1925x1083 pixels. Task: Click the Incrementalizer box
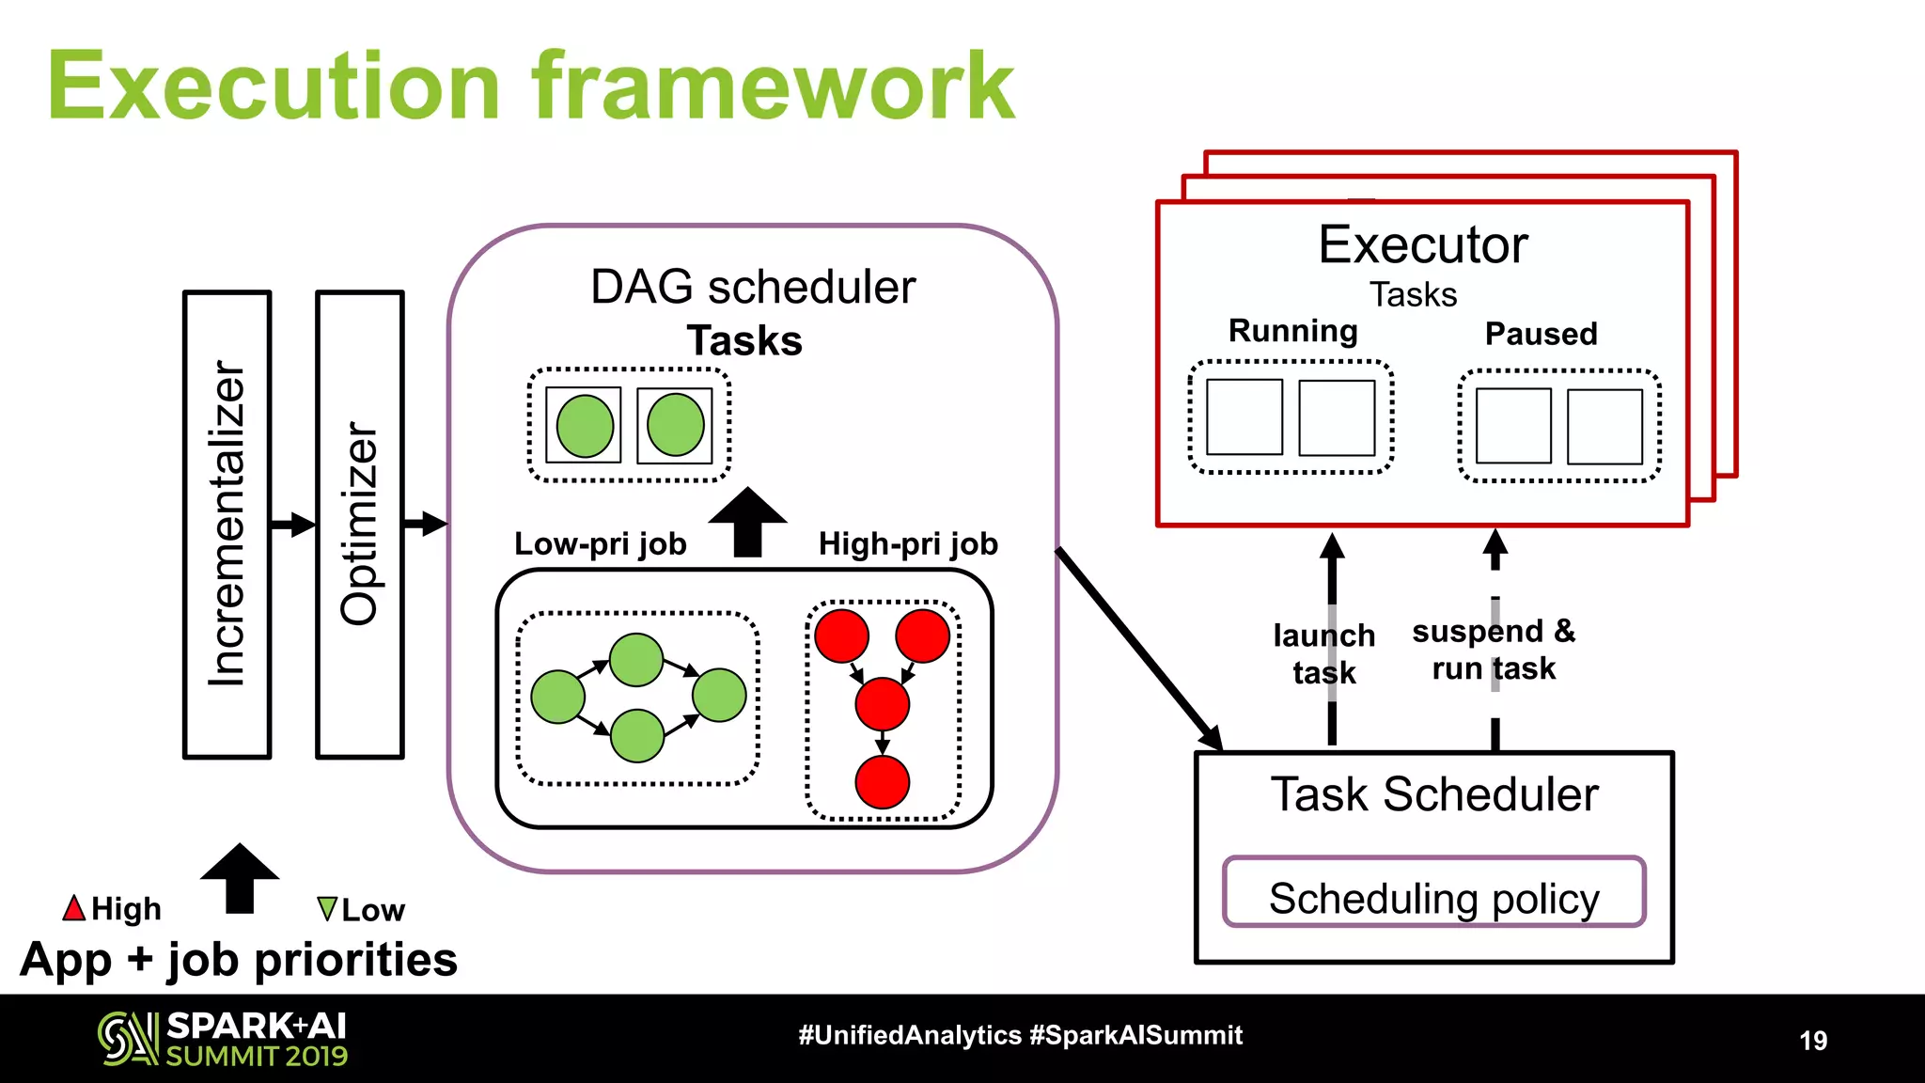227,524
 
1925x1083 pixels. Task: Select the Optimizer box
360,524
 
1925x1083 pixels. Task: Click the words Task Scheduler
1433,794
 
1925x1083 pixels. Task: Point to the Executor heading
1423,245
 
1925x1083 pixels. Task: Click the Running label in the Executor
1292,331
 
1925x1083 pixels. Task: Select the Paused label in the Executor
1541,334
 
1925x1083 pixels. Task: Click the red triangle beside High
74,908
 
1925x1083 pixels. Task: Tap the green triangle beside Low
327,908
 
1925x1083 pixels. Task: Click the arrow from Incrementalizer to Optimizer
293,524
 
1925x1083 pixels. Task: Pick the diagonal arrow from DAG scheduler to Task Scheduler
1139,650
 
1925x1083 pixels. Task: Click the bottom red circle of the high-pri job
882,782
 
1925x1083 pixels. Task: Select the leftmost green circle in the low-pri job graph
558,697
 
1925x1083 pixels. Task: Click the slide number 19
1813,1040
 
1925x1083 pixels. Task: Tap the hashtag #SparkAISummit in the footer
1135,1035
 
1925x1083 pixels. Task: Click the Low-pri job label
600,543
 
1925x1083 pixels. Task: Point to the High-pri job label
907,543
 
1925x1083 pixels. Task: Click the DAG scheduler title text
753,287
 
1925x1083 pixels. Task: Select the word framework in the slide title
773,86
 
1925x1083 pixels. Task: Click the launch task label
1323,653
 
